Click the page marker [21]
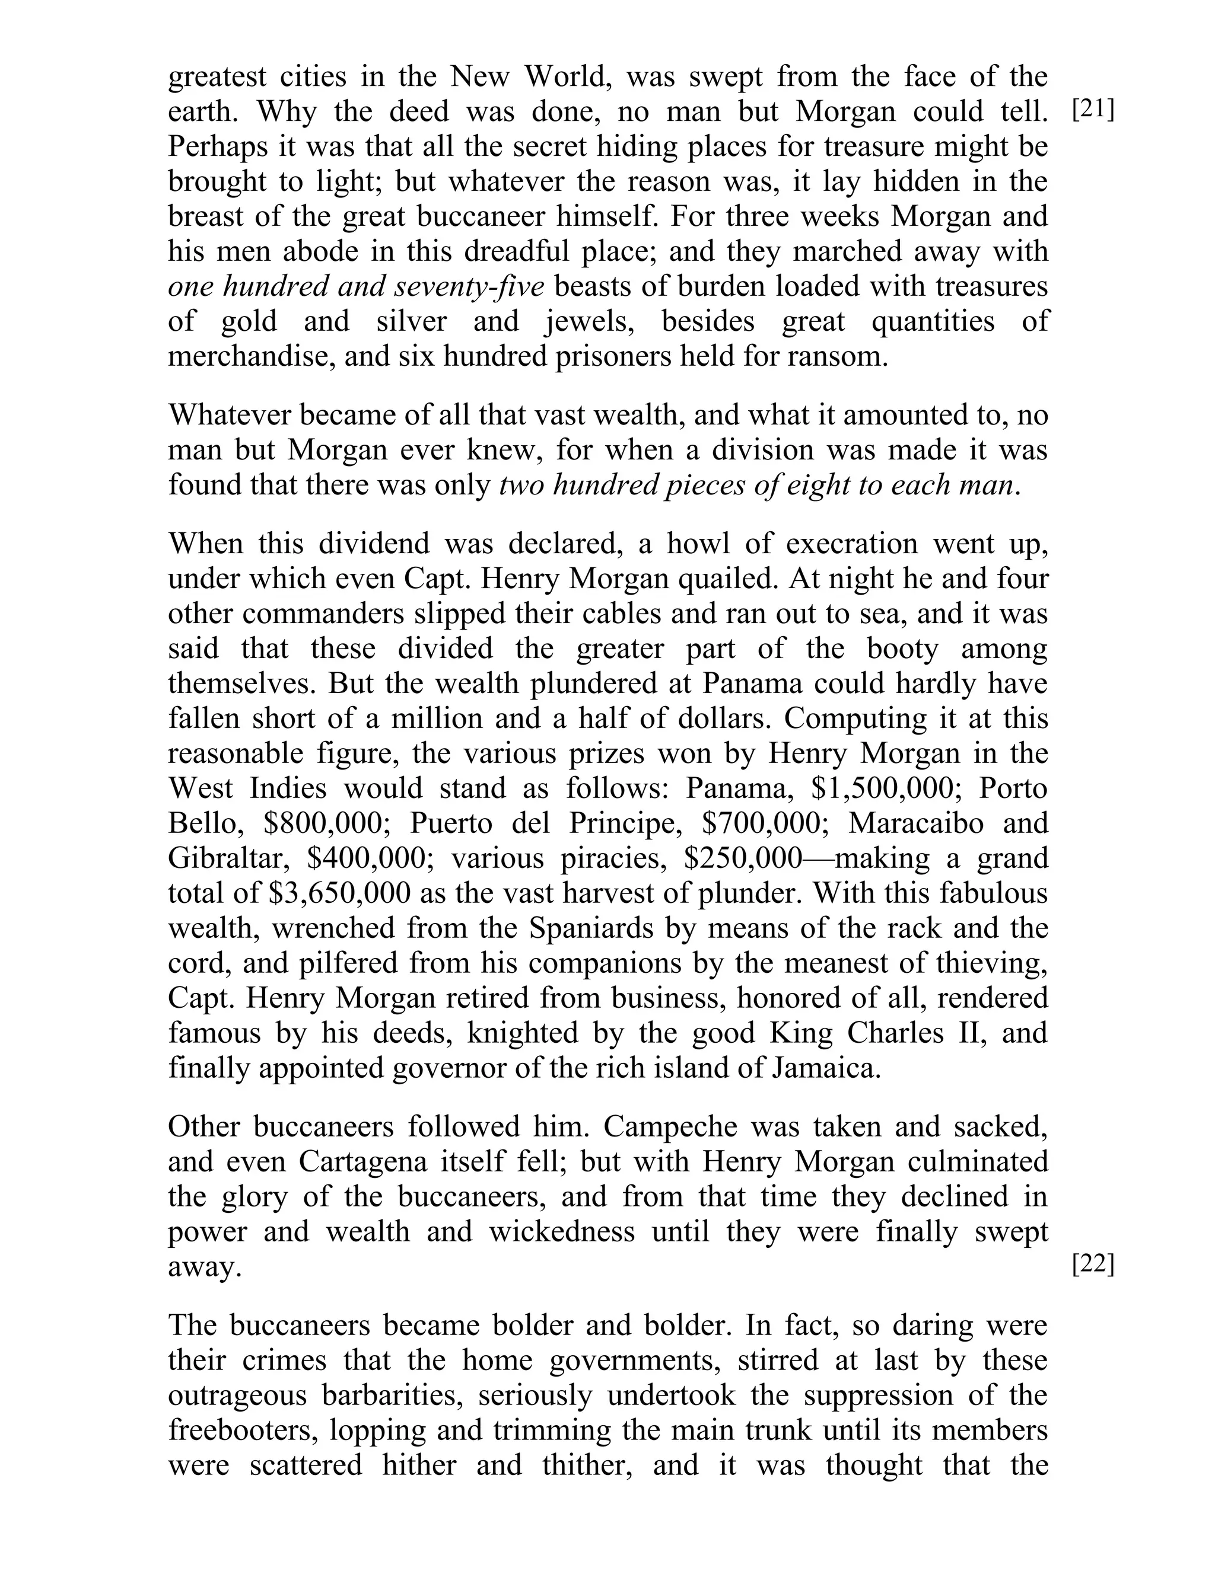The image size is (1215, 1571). [x=1093, y=111]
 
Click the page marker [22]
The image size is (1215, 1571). [x=1093, y=1263]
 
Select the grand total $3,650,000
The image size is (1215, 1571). [x=339, y=893]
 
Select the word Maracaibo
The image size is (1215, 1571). [x=915, y=823]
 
